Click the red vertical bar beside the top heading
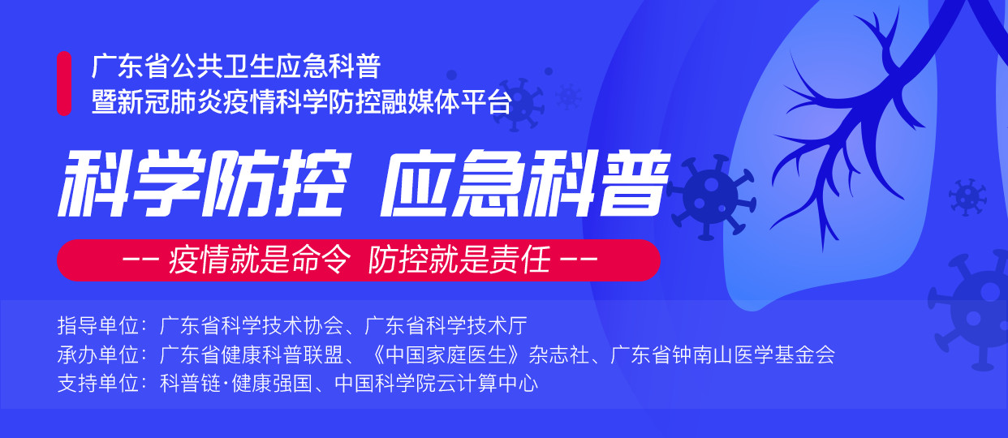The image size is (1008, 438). [x=64, y=84]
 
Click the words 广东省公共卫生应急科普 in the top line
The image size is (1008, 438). [x=236, y=66]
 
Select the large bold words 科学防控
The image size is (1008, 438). [x=205, y=183]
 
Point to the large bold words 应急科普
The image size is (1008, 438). [x=525, y=183]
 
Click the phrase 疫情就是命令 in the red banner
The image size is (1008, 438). [x=260, y=260]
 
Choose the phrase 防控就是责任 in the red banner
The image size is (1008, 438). [x=459, y=260]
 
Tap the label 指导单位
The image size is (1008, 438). [x=98, y=325]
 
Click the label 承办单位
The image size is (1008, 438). [x=98, y=354]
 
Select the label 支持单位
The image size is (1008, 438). [x=98, y=384]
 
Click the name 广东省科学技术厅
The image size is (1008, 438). [x=446, y=325]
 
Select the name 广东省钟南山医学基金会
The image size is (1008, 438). [x=722, y=354]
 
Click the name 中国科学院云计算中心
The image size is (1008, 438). [x=436, y=384]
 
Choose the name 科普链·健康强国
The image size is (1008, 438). [x=236, y=384]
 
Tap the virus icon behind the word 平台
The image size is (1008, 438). [x=519, y=105]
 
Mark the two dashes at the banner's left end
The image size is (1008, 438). [x=140, y=259]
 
